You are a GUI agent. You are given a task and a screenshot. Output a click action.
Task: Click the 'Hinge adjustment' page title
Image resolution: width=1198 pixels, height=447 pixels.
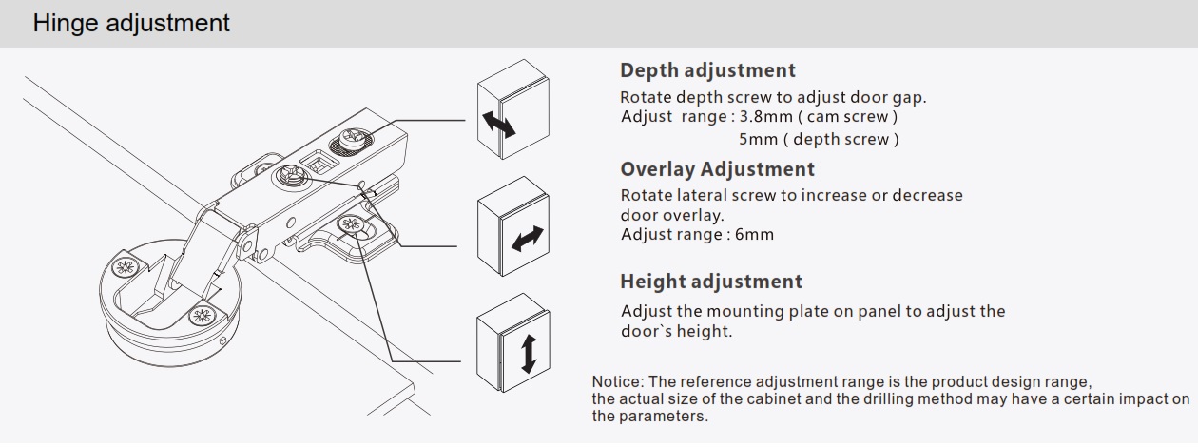131,24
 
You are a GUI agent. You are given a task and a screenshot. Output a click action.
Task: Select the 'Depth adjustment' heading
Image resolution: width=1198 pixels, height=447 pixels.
707,70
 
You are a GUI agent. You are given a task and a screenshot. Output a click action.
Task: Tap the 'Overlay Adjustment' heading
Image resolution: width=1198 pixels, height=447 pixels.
717,169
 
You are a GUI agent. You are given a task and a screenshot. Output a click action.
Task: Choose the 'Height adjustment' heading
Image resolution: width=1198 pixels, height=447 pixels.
711,282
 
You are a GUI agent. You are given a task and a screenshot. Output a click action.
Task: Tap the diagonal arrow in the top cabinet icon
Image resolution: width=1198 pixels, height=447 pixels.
498,124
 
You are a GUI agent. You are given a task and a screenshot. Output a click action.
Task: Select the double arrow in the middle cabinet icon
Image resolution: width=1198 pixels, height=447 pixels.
528,239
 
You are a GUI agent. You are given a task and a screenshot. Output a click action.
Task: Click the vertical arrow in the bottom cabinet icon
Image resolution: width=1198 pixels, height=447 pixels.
529,354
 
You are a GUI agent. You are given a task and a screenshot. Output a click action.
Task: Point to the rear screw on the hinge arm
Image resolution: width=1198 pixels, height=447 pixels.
353,138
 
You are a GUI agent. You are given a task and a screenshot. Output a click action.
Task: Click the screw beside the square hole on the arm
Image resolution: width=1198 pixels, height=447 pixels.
290,176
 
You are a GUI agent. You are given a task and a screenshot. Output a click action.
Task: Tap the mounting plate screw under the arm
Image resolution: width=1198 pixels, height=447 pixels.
352,225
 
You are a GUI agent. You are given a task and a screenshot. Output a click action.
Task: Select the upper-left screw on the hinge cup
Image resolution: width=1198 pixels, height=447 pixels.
126,266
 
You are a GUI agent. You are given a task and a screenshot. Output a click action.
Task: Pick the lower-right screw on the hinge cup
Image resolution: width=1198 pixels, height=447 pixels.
203,316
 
